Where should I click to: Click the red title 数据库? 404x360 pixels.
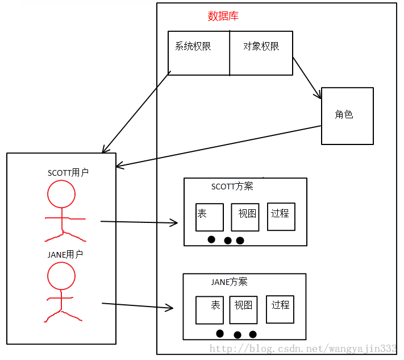tap(223, 16)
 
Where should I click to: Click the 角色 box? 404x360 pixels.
tap(347, 115)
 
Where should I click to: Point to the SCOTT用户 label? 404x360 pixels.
tap(68, 173)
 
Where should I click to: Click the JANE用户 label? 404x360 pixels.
tap(65, 254)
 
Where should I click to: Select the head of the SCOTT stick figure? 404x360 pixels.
tap(61, 195)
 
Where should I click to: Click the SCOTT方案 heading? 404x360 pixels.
tap(232, 187)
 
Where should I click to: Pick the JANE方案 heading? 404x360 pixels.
tap(229, 282)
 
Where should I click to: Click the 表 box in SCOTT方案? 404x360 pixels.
tap(209, 217)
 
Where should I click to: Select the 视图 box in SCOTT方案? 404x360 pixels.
tap(245, 217)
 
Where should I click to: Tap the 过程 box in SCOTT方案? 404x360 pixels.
tap(281, 216)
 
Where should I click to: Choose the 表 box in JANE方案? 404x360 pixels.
tap(209, 309)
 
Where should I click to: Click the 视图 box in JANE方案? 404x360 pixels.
tap(244, 309)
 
